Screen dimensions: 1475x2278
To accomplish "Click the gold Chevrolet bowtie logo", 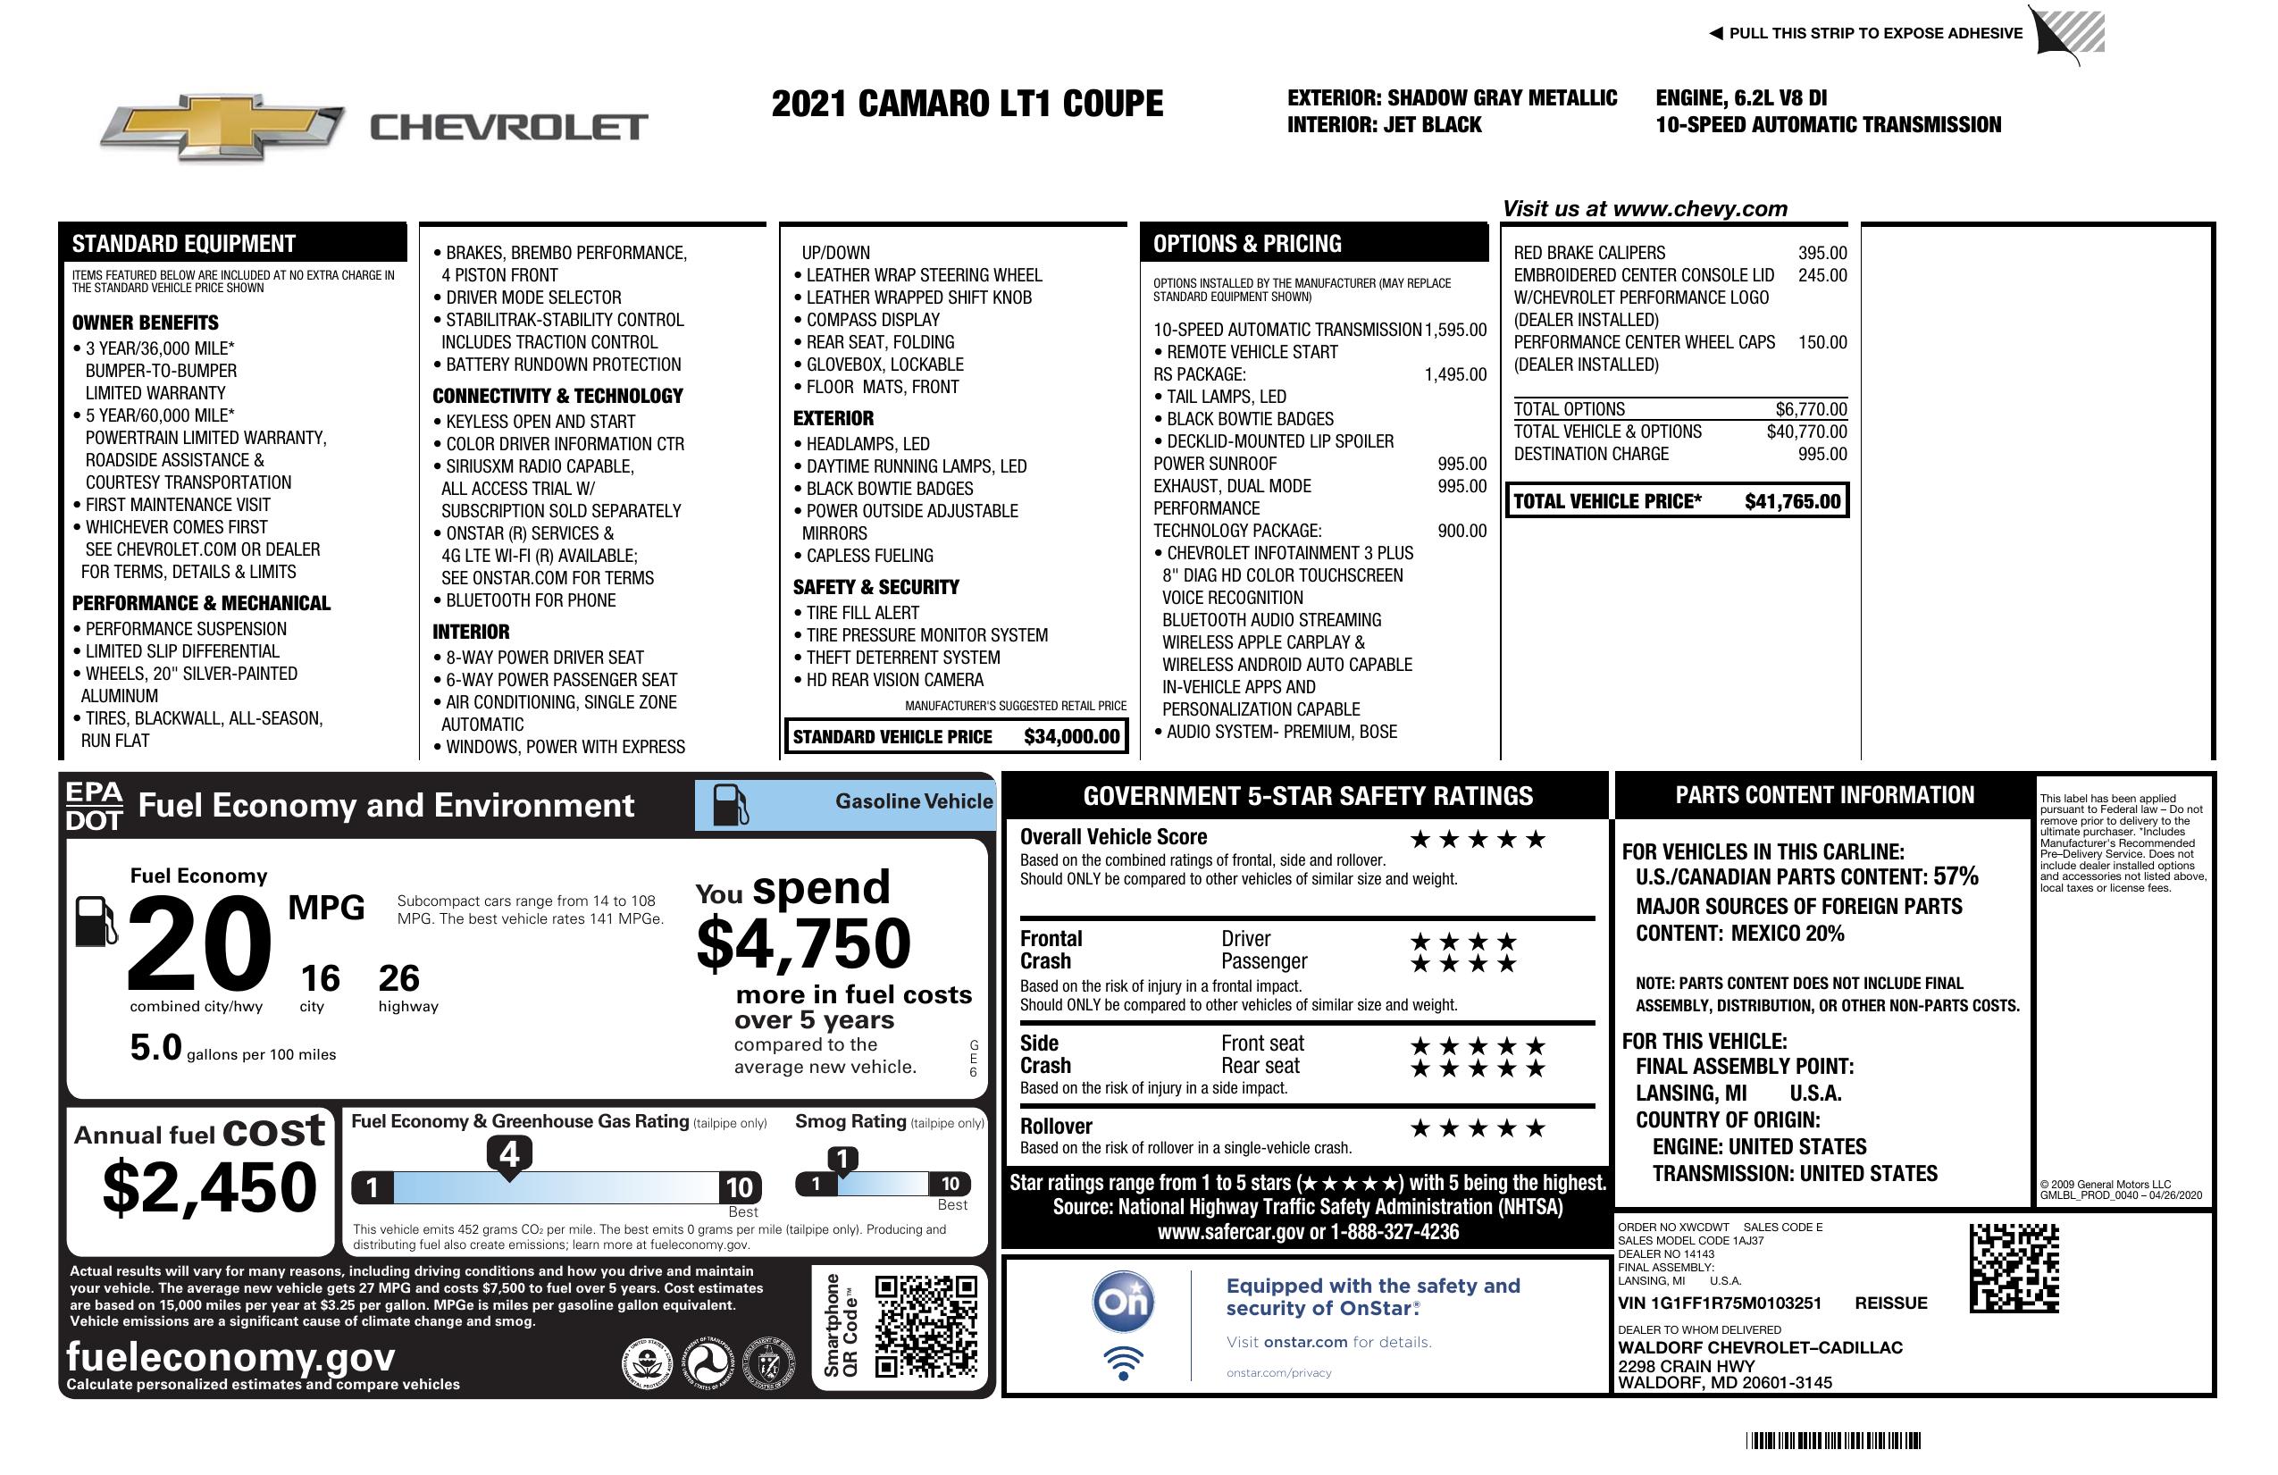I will [x=222, y=126].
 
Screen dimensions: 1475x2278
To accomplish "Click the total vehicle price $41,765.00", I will [x=1792, y=501].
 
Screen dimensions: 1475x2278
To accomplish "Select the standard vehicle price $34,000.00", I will [x=1071, y=736].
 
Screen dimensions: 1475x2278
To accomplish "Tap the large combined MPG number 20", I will [x=199, y=943].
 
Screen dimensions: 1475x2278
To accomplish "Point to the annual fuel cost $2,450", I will [x=209, y=1187].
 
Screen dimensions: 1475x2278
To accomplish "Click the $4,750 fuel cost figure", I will [x=804, y=943].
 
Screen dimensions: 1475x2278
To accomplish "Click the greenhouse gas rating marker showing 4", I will [x=509, y=1154].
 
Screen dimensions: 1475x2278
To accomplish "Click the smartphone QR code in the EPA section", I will [x=925, y=1326].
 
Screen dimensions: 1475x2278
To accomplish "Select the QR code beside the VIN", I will [x=2014, y=1268].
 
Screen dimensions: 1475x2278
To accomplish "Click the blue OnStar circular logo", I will [x=1123, y=1302].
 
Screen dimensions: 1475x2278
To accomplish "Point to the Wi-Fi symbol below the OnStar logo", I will [x=1123, y=1363].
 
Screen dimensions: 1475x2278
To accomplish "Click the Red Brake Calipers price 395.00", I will [x=1822, y=254].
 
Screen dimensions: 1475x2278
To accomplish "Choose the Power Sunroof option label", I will [x=1215, y=465].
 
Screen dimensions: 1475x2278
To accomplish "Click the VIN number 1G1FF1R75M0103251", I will [x=1719, y=1303].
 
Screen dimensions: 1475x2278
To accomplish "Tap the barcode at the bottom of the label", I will [x=1833, y=1440].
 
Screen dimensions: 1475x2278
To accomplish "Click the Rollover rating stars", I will [x=1478, y=1128].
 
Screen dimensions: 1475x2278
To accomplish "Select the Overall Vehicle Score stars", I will [x=1478, y=840].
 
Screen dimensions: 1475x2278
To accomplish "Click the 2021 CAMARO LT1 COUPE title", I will [x=967, y=104].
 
